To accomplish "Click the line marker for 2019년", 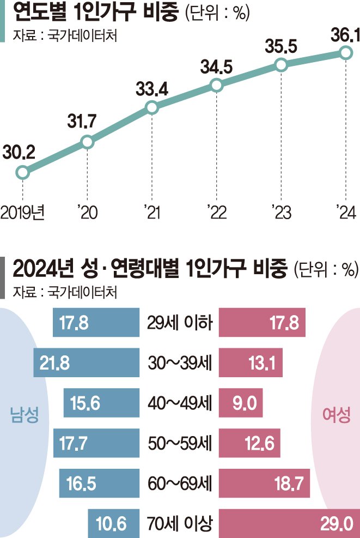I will coord(22,173).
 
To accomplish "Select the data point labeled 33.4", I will coord(152,107).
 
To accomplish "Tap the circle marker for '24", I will coord(345,52).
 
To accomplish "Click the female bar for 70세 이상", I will coord(289,525).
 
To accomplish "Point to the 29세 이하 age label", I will coord(179,323).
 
